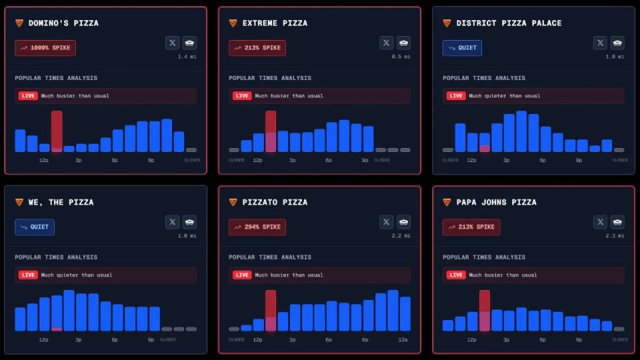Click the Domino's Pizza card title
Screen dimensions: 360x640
click(x=63, y=23)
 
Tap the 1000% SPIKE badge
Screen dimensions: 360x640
click(x=45, y=48)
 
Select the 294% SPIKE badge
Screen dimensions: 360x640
click(x=257, y=227)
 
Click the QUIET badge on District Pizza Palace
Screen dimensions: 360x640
click(x=462, y=48)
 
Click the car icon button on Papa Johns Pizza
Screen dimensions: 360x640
click(x=617, y=222)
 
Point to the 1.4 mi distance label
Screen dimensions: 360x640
click(x=187, y=57)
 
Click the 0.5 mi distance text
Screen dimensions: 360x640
click(x=401, y=57)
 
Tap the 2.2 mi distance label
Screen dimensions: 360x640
click(x=401, y=236)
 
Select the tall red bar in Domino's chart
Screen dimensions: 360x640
click(x=57, y=131)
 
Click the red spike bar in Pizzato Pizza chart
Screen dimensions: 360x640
click(x=271, y=310)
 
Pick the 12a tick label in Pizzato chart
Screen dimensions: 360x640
click(x=403, y=339)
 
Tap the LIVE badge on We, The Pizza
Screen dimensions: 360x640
click(x=28, y=275)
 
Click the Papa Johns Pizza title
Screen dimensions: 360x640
click(x=496, y=203)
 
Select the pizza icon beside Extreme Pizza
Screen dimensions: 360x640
click(x=233, y=23)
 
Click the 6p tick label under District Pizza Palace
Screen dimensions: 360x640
click(x=542, y=160)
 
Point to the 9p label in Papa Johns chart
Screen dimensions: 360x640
click(x=579, y=339)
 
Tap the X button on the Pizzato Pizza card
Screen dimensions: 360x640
click(x=387, y=222)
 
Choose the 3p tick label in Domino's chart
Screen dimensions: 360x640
click(x=79, y=160)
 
